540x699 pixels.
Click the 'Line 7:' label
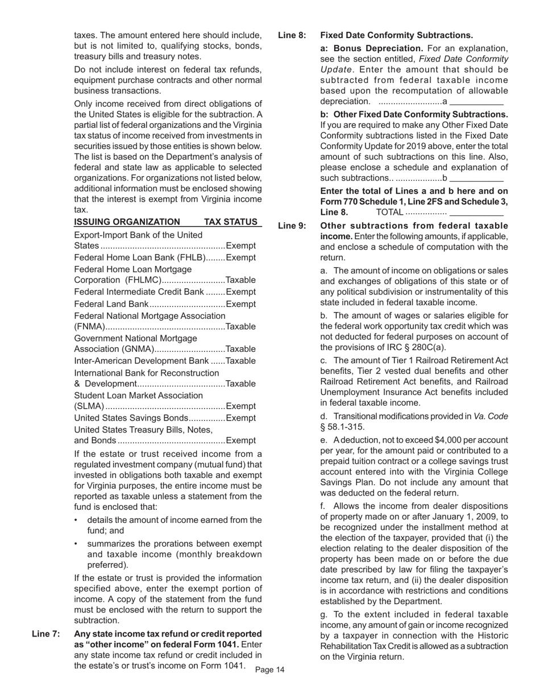pos(46,634)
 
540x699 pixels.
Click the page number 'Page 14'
pos(270,670)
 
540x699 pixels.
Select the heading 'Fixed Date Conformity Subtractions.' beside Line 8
pos(397,36)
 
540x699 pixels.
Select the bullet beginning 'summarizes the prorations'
pos(174,554)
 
